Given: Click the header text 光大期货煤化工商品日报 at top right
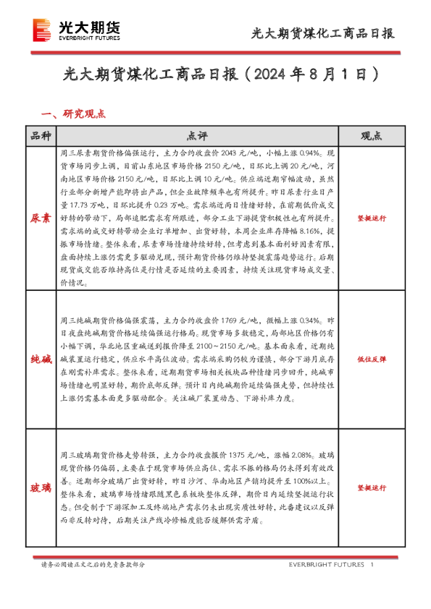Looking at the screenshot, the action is (322, 33).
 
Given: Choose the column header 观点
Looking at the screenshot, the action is (371, 136).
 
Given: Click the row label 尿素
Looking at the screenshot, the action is (41, 218).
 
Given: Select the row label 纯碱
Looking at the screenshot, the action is (41, 359).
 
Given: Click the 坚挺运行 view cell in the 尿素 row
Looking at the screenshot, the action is (371, 218).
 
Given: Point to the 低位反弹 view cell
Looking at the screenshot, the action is (371, 359).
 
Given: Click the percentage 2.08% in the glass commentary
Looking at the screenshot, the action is (298, 455).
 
